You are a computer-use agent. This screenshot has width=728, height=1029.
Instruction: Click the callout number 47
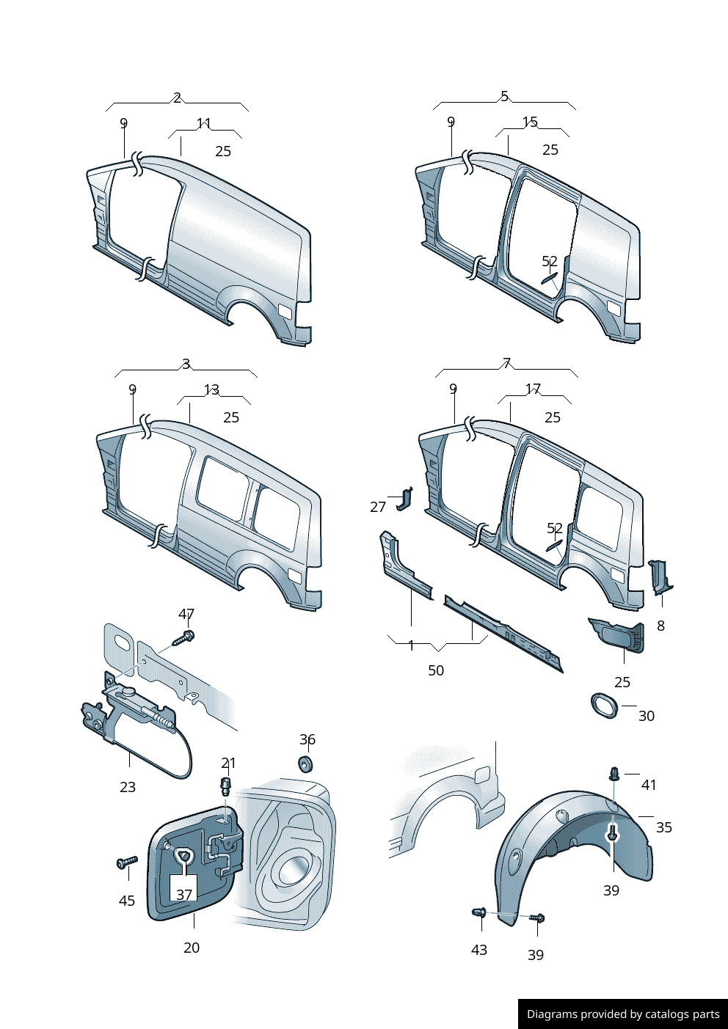(x=186, y=614)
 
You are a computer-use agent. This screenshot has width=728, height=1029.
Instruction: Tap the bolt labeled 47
(x=184, y=638)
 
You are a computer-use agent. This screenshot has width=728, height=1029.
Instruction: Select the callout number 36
(x=307, y=739)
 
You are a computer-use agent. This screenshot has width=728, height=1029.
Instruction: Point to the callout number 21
(x=228, y=763)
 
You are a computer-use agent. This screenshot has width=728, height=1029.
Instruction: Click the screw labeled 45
(x=128, y=862)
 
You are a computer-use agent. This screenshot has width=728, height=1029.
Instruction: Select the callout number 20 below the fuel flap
(x=192, y=948)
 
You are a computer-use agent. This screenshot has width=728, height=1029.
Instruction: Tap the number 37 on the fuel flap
(x=184, y=895)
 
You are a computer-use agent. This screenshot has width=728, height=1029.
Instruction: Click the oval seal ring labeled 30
(x=604, y=706)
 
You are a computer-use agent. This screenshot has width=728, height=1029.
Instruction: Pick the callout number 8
(x=661, y=626)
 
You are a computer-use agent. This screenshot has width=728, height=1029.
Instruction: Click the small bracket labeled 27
(x=404, y=499)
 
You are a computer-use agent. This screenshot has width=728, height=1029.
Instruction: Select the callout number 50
(x=436, y=670)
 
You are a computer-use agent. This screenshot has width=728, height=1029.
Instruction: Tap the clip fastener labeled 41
(x=614, y=774)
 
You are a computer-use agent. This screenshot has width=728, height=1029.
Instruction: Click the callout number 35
(x=664, y=827)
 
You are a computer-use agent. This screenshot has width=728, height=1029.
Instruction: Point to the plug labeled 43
(x=479, y=913)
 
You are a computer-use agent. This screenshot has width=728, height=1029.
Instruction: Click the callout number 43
(x=479, y=950)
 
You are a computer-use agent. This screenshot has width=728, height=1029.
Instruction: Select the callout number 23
(x=128, y=787)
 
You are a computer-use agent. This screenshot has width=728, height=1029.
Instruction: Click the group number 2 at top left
(x=177, y=98)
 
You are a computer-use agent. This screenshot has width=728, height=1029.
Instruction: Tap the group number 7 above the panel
(x=506, y=363)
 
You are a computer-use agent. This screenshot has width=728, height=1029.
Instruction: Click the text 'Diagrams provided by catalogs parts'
(x=623, y=1014)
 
